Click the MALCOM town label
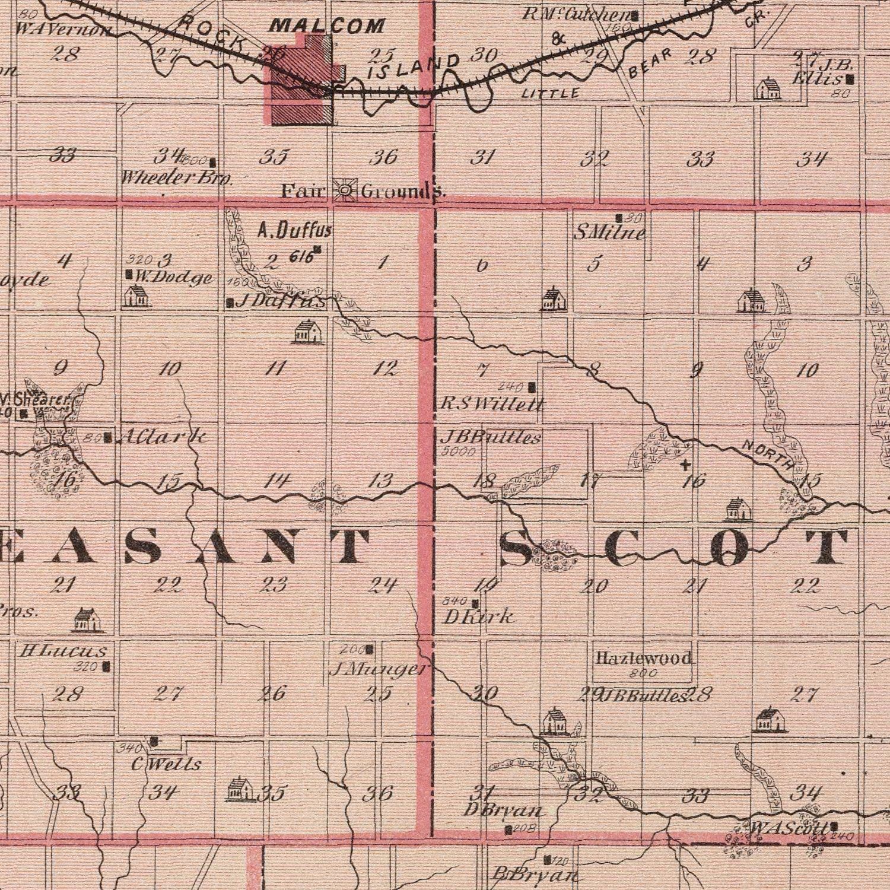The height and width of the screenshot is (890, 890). [328, 26]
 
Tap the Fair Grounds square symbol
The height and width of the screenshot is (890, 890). [344, 190]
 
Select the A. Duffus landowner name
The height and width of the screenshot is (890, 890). [295, 230]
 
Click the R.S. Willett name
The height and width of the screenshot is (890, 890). [492, 405]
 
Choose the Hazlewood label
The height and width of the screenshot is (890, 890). [644, 658]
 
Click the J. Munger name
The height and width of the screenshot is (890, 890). [377, 670]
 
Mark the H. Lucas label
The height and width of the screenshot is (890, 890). [63, 651]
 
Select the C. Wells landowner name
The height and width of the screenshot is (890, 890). [166, 764]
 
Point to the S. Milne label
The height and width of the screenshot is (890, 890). [609, 233]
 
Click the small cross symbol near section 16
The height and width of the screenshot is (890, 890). [685, 463]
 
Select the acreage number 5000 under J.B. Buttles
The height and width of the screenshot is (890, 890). [459, 452]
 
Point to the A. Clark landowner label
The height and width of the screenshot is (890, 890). [163, 438]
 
